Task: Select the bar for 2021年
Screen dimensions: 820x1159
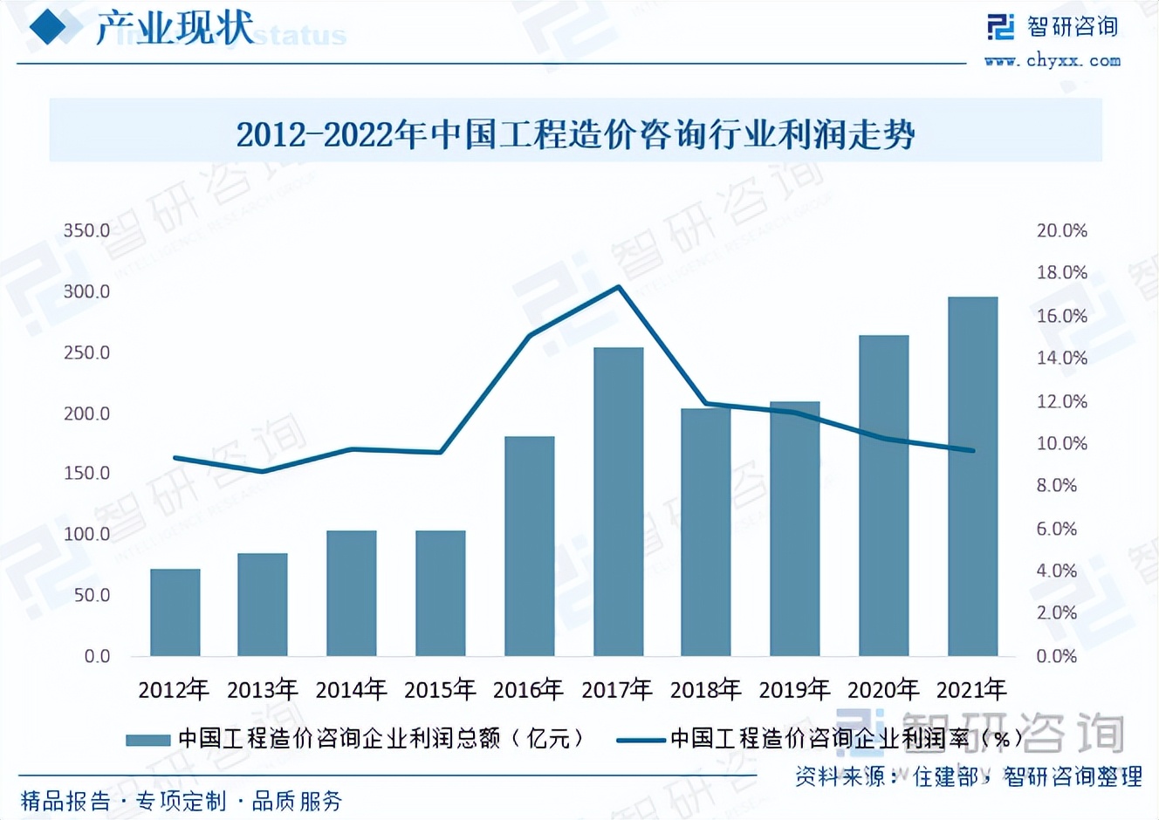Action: [x=972, y=476]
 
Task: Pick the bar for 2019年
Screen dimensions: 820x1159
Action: [x=794, y=529]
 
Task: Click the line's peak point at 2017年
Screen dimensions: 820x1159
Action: [x=619, y=286]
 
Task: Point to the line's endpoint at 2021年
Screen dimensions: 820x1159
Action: [x=972, y=450]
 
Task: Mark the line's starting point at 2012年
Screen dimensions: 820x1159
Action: [x=175, y=457]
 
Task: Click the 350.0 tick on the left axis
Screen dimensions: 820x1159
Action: [x=86, y=231]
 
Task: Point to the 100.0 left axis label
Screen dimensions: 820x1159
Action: [x=86, y=534]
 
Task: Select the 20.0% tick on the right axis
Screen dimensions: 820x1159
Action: [x=1061, y=231]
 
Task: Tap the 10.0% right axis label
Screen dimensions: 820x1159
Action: [x=1061, y=444]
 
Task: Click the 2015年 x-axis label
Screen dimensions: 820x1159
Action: [x=440, y=690]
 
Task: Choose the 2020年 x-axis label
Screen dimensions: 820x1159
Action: [x=883, y=690]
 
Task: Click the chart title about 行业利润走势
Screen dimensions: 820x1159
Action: [x=575, y=134]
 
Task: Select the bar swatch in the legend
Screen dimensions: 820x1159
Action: [x=147, y=740]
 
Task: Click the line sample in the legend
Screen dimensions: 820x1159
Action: [x=640, y=740]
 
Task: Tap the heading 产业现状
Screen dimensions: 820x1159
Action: [x=175, y=28]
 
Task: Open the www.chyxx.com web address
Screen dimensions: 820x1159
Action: [x=1052, y=60]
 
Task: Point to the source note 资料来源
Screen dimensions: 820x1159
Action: [x=968, y=776]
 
